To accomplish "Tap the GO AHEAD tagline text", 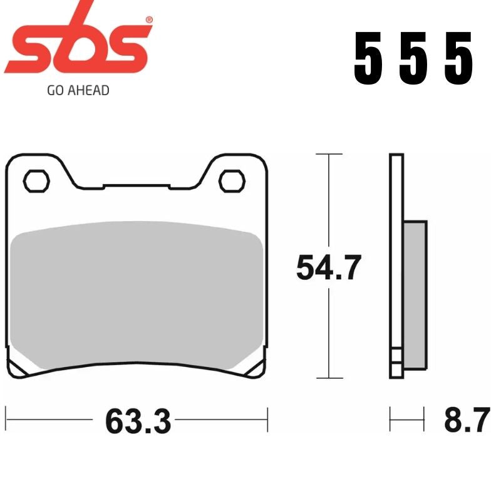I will click(78, 90).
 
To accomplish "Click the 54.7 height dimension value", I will click(328, 269).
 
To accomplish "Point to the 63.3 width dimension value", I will click(138, 421).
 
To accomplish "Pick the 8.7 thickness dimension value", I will click(466, 421).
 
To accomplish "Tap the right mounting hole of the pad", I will click(231, 180).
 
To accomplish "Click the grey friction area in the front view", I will click(138, 294).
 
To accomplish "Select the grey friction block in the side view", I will click(415, 294).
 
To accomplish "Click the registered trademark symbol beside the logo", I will click(148, 21).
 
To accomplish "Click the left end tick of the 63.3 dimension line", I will click(6, 415).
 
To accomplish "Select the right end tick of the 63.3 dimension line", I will click(267, 415).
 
